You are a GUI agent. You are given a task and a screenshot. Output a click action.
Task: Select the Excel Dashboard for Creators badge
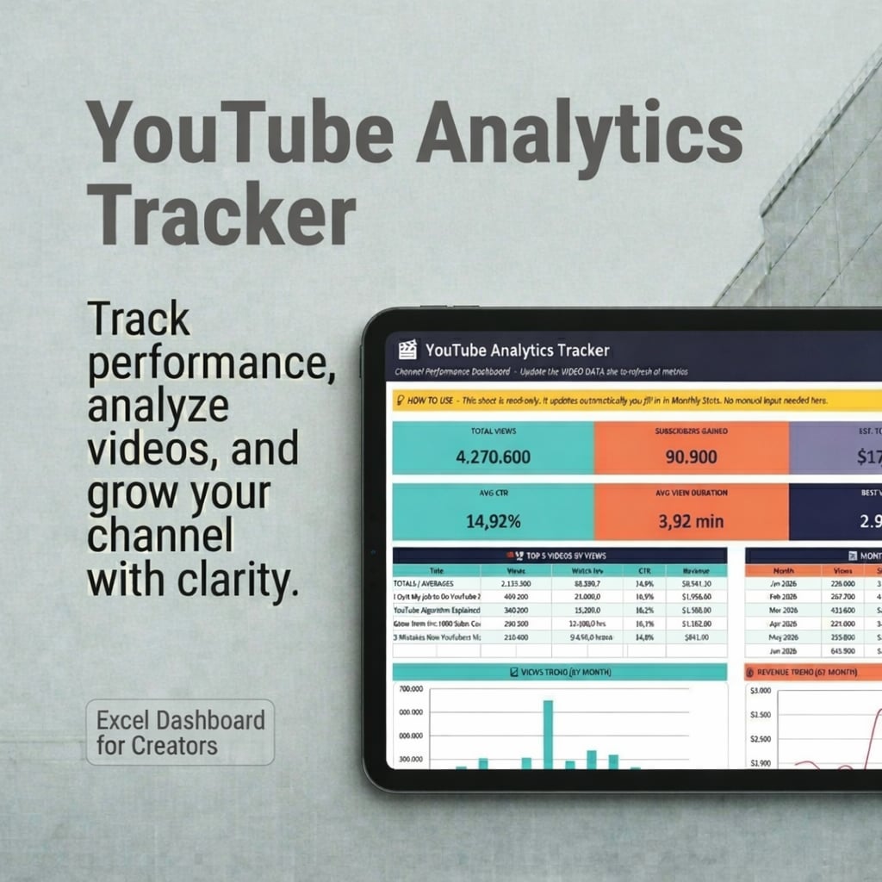[x=180, y=732]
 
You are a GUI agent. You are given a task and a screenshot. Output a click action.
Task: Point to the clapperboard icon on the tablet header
[x=407, y=350]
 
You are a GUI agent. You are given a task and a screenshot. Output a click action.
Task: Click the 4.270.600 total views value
[x=493, y=456]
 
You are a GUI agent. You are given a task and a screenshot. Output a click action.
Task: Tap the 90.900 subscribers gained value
[x=691, y=456]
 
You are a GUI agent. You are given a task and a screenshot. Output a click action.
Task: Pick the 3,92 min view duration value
[x=690, y=521]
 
